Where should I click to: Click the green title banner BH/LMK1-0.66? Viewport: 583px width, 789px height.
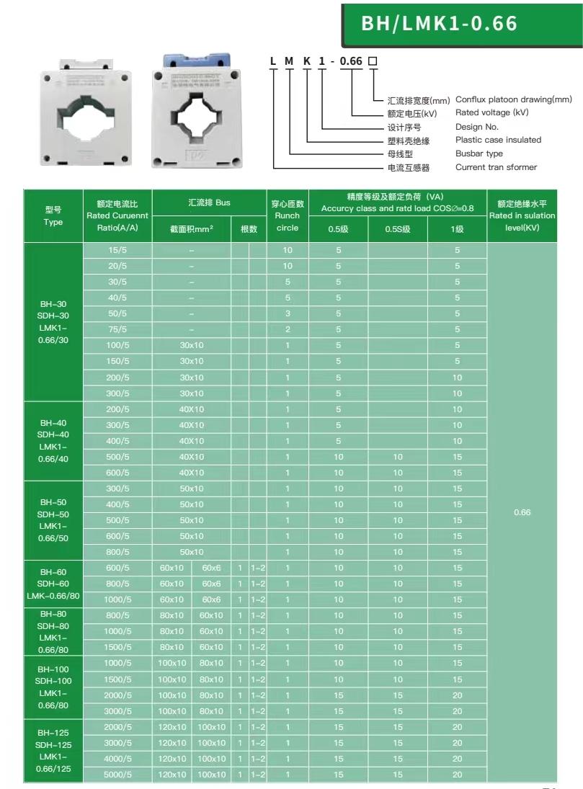click(461, 23)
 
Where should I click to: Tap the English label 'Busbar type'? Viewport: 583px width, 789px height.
click(479, 153)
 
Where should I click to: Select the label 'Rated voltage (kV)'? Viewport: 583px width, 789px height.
click(492, 112)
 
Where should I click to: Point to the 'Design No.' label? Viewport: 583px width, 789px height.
click(477, 126)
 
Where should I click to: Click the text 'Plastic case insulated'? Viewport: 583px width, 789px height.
click(498, 140)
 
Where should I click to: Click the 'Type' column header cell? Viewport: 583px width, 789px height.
click(53, 215)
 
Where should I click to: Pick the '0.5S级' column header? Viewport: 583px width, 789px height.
click(397, 229)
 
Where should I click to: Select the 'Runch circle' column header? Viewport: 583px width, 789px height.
click(287, 215)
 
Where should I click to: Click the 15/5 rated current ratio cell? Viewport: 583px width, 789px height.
click(118, 251)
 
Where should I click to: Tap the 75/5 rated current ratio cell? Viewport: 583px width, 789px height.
click(118, 330)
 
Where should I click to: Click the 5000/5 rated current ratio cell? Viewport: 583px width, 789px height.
click(118, 775)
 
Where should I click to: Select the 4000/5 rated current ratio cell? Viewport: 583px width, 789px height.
click(118, 759)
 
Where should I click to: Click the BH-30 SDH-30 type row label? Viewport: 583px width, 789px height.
click(53, 321)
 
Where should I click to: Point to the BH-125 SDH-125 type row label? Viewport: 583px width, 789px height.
click(53, 750)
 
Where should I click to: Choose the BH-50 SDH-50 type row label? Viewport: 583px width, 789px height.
click(53, 520)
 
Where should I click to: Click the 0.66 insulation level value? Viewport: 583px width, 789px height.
click(522, 512)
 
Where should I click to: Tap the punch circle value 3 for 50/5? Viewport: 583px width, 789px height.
click(288, 314)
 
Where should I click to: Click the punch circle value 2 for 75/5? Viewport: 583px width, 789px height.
click(288, 330)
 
